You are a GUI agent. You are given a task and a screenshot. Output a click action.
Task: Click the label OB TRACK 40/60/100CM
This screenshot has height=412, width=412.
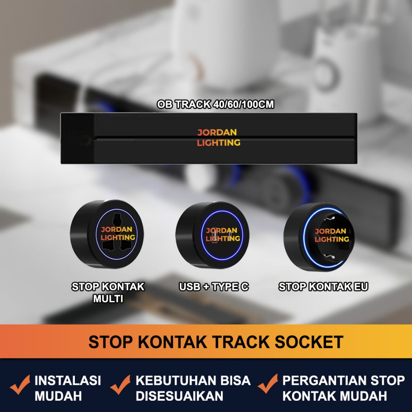tap(216, 104)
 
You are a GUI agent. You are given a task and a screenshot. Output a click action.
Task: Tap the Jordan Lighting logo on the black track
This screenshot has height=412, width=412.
tap(218, 138)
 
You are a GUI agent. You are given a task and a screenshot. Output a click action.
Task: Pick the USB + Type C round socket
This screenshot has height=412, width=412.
tap(212, 235)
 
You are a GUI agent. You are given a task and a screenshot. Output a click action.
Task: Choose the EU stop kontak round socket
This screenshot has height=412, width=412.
tap(319, 237)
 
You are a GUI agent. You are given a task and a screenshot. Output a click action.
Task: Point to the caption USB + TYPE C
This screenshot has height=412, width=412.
tap(214, 286)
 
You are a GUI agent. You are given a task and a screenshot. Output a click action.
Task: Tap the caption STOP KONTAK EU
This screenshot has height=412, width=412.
tap(323, 286)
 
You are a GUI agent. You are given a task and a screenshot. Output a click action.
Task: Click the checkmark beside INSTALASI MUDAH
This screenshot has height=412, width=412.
tap(20, 384)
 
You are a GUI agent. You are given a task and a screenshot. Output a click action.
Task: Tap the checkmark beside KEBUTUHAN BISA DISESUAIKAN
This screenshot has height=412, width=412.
tap(121, 384)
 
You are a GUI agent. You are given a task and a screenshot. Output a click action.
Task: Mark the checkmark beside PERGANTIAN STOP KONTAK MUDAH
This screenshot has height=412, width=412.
tap(268, 384)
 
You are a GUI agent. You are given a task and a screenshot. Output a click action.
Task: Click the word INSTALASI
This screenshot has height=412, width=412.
tap(68, 381)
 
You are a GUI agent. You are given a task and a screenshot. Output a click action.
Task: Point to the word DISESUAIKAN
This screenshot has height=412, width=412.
tap(179, 396)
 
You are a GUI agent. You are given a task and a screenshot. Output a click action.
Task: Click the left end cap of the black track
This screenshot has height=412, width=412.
tap(77, 138)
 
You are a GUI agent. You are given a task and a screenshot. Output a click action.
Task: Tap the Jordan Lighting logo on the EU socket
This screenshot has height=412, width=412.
tap(332, 235)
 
